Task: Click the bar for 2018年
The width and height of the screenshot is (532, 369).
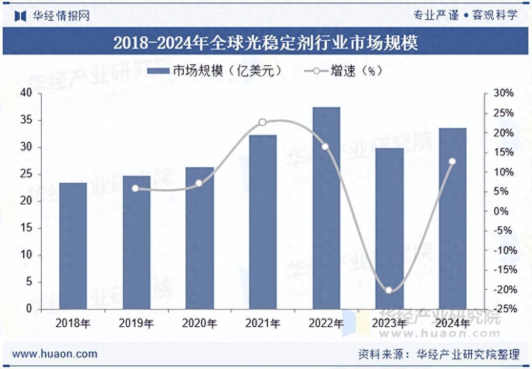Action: click(73, 246)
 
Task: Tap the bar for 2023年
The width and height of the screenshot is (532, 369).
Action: click(390, 228)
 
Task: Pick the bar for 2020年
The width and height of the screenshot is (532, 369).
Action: click(199, 238)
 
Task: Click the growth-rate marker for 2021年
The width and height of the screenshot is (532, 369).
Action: click(263, 122)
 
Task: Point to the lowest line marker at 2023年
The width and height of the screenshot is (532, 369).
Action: click(389, 290)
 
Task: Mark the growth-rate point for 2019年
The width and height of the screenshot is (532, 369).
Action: click(135, 188)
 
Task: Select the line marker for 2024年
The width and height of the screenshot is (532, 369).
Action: click(452, 161)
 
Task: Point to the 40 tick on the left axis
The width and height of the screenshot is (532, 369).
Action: click(27, 93)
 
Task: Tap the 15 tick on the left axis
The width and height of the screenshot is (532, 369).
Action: click(27, 228)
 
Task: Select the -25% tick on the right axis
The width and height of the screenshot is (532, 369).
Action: click(505, 309)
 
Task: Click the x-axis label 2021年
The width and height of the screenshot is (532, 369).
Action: click(263, 323)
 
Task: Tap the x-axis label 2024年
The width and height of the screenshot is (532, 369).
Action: click(452, 323)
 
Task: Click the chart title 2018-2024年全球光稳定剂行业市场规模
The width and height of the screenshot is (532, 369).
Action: click(266, 43)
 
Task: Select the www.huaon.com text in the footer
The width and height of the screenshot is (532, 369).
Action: click(55, 354)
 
